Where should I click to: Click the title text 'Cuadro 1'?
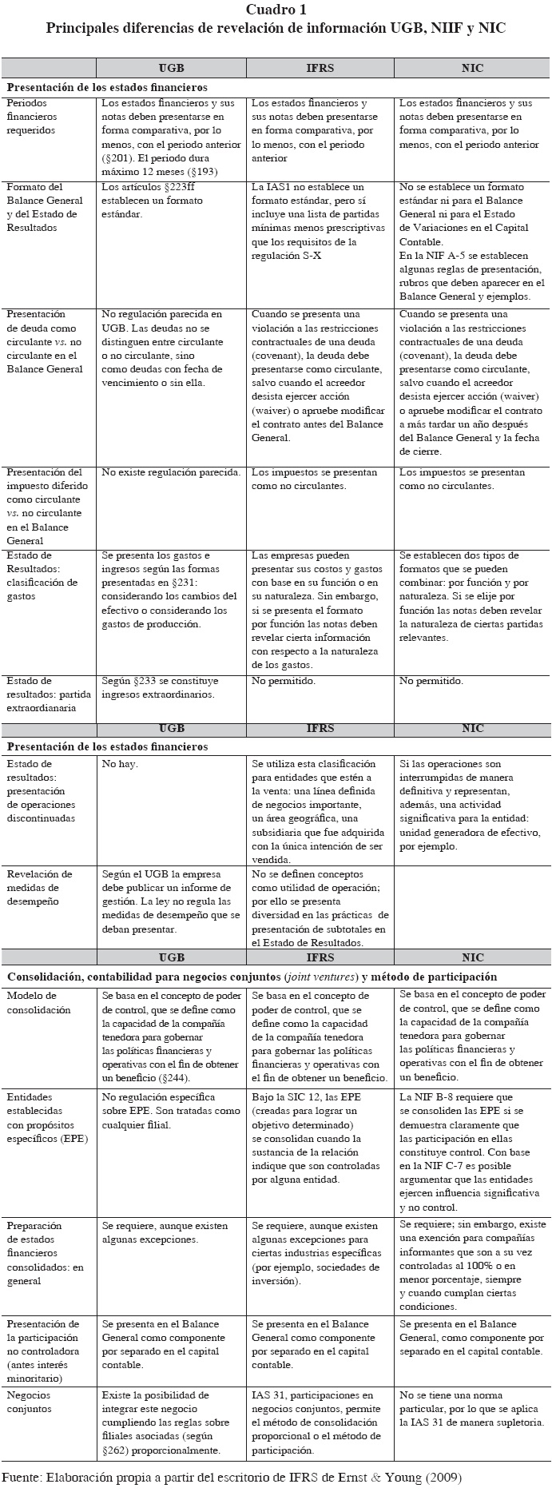(x=276, y=10)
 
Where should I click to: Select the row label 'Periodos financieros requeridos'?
(x=32, y=117)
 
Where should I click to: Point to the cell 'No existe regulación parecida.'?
(x=171, y=472)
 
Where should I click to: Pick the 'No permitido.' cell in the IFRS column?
(x=284, y=682)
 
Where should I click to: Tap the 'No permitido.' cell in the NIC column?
(x=431, y=682)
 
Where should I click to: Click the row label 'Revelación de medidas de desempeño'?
(x=40, y=888)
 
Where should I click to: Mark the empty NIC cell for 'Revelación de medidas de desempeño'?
(x=472, y=907)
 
